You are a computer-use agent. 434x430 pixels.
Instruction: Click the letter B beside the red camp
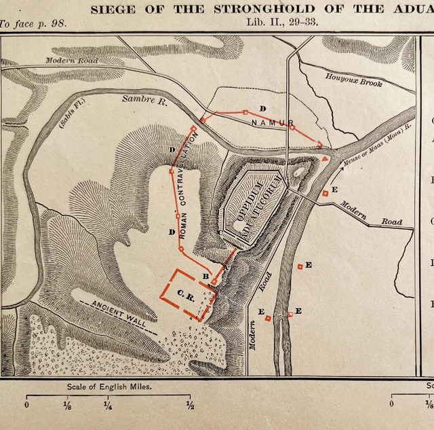pos(205,276)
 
